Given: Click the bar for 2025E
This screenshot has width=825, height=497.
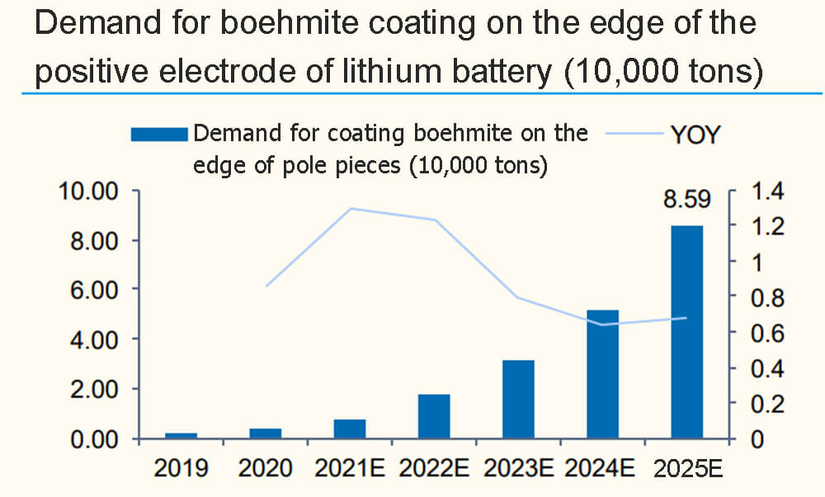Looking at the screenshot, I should (x=686, y=331).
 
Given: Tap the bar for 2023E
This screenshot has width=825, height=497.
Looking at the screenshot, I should (x=518, y=399).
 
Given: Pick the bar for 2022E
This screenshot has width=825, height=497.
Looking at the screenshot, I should (x=434, y=416).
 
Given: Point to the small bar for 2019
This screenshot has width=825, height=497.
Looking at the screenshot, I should (x=181, y=435).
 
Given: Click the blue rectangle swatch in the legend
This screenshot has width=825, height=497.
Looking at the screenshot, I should (x=158, y=134).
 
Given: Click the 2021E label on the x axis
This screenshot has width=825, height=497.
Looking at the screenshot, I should (x=350, y=470).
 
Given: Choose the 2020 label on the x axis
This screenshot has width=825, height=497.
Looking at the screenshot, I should (x=266, y=470).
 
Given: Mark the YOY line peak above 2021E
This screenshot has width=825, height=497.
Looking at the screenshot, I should (x=351, y=208).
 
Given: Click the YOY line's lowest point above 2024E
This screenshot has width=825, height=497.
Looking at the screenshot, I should (x=602, y=324).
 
